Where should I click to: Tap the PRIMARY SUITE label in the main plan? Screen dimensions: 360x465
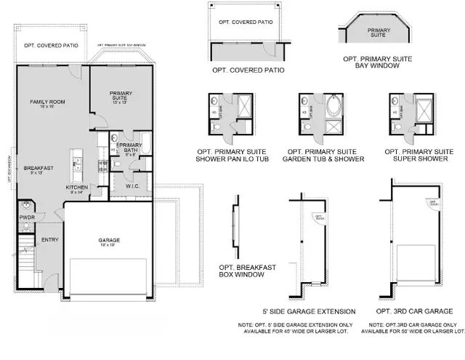[121, 94]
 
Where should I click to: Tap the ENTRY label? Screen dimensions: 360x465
[49, 239]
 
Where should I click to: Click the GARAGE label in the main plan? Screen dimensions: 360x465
[110, 240]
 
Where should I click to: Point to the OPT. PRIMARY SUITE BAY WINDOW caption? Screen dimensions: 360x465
[378, 65]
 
